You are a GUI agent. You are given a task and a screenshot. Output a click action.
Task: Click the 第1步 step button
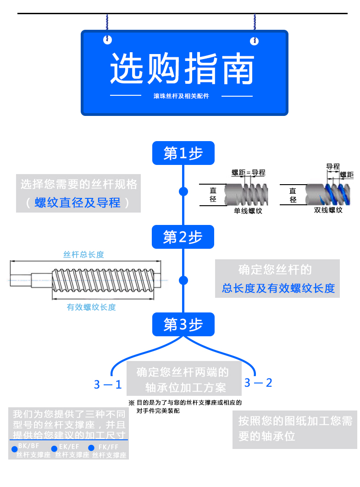pyautogui.click(x=183, y=153)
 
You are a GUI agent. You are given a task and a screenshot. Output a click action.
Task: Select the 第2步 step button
pyautogui.click(x=183, y=237)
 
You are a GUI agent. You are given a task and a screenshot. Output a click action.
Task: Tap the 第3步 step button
pyautogui.click(x=183, y=324)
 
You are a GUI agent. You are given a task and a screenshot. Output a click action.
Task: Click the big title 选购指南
pyautogui.click(x=182, y=69)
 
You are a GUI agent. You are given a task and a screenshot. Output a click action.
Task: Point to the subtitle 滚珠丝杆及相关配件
pyautogui.click(x=181, y=96)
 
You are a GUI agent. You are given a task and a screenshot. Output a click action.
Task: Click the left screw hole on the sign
pyautogui.click(x=107, y=40)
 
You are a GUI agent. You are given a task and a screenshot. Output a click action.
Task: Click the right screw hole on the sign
pyautogui.click(x=254, y=41)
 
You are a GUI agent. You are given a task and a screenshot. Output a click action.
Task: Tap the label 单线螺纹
pyautogui.click(x=248, y=211)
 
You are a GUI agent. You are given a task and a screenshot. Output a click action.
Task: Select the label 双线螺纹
pyautogui.click(x=328, y=210)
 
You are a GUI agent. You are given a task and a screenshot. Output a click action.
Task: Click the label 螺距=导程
pyautogui.click(x=248, y=173)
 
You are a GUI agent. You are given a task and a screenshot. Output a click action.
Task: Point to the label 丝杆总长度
pyautogui.click(x=84, y=255)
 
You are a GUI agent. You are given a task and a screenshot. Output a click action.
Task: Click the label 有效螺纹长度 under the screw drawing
pyautogui.click(x=91, y=307)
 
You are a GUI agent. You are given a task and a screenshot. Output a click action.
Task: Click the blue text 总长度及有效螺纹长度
pyautogui.click(x=278, y=288)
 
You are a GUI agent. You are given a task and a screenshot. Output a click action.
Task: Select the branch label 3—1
pyautogui.click(x=108, y=384)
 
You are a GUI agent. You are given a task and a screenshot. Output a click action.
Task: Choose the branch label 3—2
pyautogui.click(x=258, y=383)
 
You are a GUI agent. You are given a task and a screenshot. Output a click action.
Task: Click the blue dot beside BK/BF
pyautogui.click(x=14, y=448)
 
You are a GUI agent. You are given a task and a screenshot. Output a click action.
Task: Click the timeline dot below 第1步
pyautogui.click(x=183, y=192)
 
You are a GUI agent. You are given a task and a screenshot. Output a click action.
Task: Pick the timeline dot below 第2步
pyautogui.click(x=183, y=280)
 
